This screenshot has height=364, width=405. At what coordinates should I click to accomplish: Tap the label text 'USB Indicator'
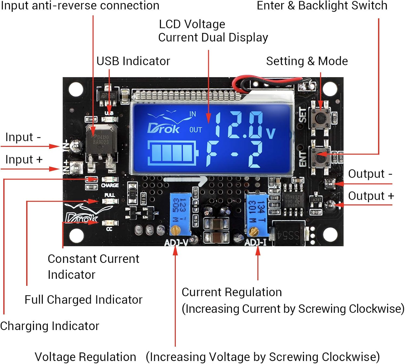(x=133, y=61)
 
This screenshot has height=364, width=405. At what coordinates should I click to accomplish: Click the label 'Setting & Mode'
(x=307, y=61)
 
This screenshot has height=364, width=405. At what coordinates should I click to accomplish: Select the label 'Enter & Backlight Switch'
(x=322, y=5)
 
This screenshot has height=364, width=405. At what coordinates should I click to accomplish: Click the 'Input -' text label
(x=23, y=137)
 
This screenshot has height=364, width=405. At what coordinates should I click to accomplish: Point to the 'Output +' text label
(x=370, y=196)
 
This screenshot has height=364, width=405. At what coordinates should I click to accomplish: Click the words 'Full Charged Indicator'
(x=83, y=300)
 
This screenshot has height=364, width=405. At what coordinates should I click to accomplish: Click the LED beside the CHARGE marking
(x=109, y=179)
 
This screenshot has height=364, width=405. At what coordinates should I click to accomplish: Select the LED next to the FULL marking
(x=110, y=201)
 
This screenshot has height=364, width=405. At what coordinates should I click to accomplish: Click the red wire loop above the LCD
(x=244, y=81)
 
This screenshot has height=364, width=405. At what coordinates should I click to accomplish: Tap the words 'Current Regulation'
(x=232, y=292)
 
